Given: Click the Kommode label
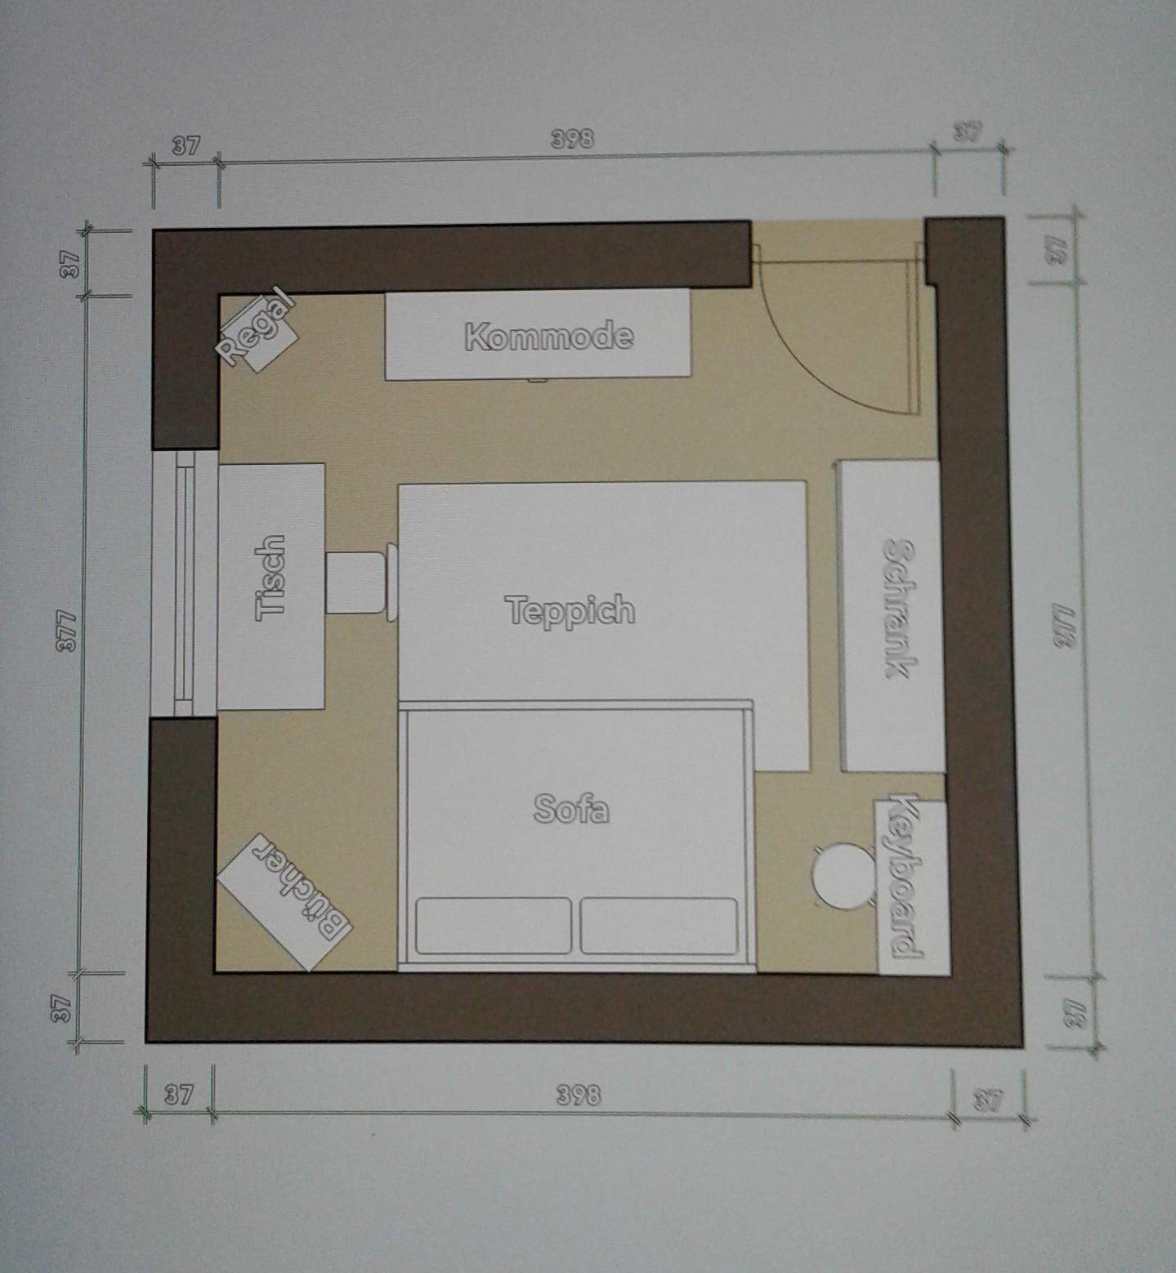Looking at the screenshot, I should point(548,336).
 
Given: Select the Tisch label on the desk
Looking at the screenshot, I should point(271,578).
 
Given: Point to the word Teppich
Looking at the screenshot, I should point(570,610).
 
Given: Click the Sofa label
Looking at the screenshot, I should point(571,809).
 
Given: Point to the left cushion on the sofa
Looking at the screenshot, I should point(493,925).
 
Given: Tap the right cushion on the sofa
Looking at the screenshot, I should point(659,925).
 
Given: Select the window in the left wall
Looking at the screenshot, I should point(184,583).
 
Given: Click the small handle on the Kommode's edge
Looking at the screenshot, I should point(537,379).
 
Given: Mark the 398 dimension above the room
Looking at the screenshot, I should point(571,139).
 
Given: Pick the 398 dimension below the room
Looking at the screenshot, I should point(578,1095).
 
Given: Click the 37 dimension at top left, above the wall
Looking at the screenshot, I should point(186,145).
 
